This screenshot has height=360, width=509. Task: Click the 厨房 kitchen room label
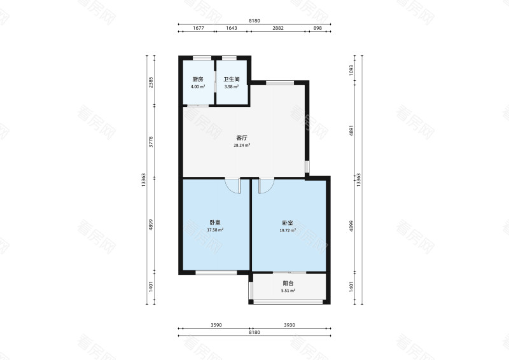(198, 80)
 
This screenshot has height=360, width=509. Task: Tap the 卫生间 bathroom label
(232, 80)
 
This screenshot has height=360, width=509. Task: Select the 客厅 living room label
(242, 138)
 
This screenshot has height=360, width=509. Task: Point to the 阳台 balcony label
(288, 284)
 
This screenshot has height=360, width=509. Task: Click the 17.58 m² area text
(215, 230)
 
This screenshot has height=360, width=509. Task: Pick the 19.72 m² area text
(288, 230)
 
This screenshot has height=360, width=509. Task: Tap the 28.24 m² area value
(242, 146)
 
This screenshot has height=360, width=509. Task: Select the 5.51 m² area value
(288, 291)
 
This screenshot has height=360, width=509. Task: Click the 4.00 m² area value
(198, 87)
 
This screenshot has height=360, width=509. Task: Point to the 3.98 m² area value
(232, 87)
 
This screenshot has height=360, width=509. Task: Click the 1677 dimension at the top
(199, 28)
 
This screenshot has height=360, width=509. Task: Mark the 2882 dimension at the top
(278, 28)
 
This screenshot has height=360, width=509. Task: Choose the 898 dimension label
(317, 28)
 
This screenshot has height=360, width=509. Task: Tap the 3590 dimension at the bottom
(216, 325)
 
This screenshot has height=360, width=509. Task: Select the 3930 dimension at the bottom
(289, 325)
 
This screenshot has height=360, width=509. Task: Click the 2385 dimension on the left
(151, 83)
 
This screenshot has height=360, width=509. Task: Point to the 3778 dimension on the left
(151, 142)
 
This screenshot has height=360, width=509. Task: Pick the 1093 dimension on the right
(351, 70)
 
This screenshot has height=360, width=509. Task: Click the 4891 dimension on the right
(351, 130)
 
